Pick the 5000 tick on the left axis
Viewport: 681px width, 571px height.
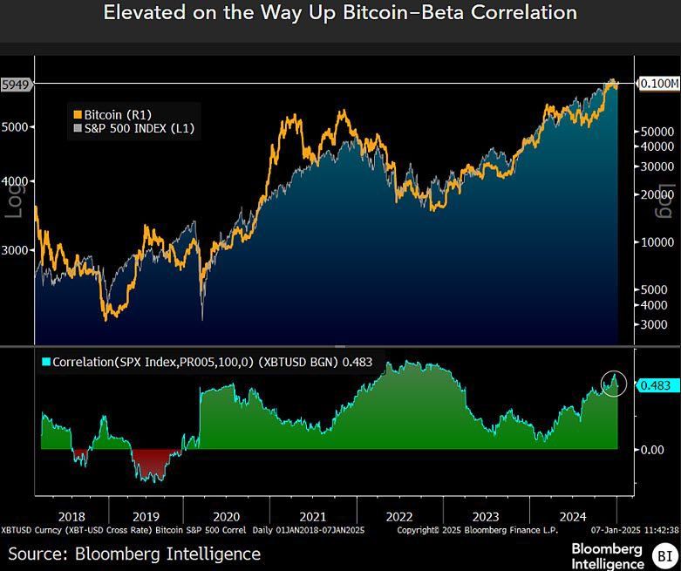point(17,127)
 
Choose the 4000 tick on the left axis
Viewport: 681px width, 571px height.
point(17,181)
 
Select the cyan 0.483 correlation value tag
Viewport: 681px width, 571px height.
point(655,384)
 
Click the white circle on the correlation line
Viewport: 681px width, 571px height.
point(614,382)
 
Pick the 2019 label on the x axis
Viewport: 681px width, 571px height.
point(146,515)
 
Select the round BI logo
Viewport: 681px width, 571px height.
point(664,554)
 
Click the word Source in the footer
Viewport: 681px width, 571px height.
point(36,554)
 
